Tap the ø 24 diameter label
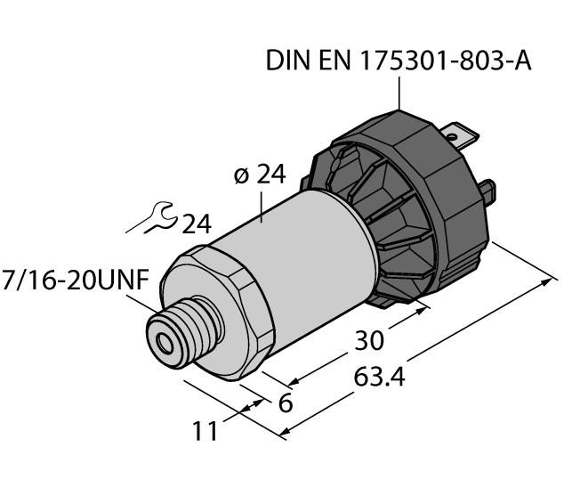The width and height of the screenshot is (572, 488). [x=260, y=175]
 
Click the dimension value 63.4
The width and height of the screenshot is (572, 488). [x=379, y=378]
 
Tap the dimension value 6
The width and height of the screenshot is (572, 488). [x=286, y=403]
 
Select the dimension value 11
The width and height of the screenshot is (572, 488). [x=206, y=432]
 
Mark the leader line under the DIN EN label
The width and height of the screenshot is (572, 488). [x=399, y=93]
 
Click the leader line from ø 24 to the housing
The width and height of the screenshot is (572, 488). [x=264, y=204]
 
